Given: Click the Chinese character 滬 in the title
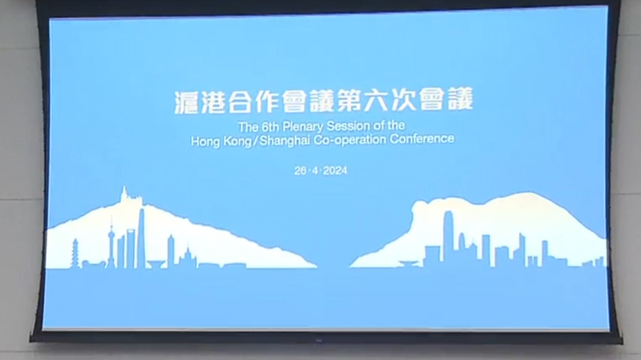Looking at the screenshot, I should [187, 102].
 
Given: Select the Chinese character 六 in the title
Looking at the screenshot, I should [392, 102].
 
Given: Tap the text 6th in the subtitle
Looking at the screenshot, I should [267, 126].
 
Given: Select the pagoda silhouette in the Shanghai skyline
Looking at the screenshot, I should [75, 253].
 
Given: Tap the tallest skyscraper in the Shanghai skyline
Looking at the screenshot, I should [140, 237].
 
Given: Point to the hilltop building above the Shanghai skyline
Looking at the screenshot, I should [128, 195].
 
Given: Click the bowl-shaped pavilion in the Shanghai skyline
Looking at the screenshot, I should [154, 263].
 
